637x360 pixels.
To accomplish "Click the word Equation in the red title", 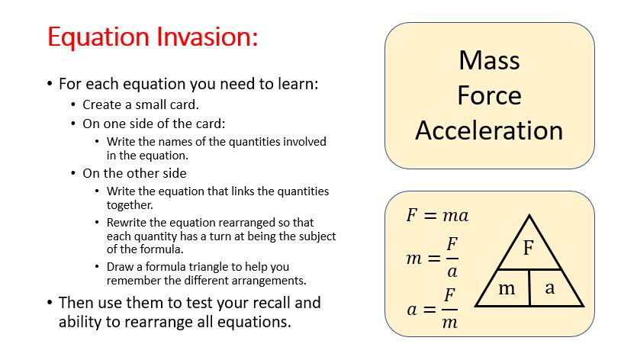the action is pyautogui.click(x=98, y=38).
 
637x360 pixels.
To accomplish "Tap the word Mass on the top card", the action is pyautogui.click(x=489, y=60).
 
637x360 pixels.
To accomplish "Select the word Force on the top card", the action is pyautogui.click(x=489, y=95).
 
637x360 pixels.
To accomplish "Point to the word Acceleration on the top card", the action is pyautogui.click(x=489, y=130).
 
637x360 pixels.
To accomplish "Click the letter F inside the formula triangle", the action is pyautogui.click(x=528, y=247).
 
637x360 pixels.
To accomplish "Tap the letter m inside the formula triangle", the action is pyautogui.click(x=507, y=288).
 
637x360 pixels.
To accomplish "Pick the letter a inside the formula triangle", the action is pyautogui.click(x=550, y=288).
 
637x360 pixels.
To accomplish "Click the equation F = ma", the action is pyautogui.click(x=437, y=215).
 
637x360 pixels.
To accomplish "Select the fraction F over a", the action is pyautogui.click(x=452, y=258).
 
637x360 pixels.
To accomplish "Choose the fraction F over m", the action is pyautogui.click(x=450, y=308).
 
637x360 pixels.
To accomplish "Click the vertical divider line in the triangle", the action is pyautogui.click(x=529, y=288).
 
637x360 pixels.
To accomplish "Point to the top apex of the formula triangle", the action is pyautogui.click(x=529, y=215).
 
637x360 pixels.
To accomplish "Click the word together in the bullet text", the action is pyautogui.click(x=130, y=205).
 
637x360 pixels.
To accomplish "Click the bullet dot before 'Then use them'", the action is pyautogui.click(x=50, y=303).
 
